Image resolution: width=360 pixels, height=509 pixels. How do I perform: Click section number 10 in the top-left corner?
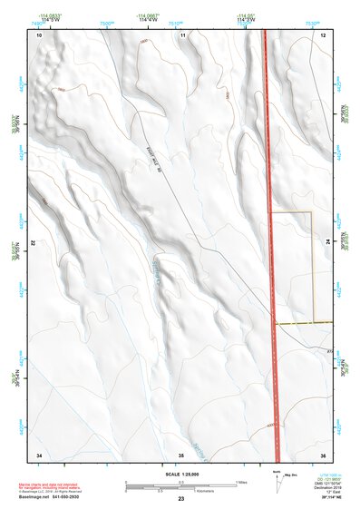[39, 34]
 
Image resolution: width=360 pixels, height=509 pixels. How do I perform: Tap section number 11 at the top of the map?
[182, 34]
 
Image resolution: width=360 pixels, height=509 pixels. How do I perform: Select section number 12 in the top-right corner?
[323, 34]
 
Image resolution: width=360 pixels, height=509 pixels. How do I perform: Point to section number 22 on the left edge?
[34, 244]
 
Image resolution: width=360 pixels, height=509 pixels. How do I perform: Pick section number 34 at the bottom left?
[39, 454]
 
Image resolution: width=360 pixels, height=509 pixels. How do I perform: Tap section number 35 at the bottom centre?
[181, 454]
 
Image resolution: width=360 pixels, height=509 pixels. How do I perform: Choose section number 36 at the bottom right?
[323, 454]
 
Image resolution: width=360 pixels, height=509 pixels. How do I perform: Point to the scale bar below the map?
[181, 486]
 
